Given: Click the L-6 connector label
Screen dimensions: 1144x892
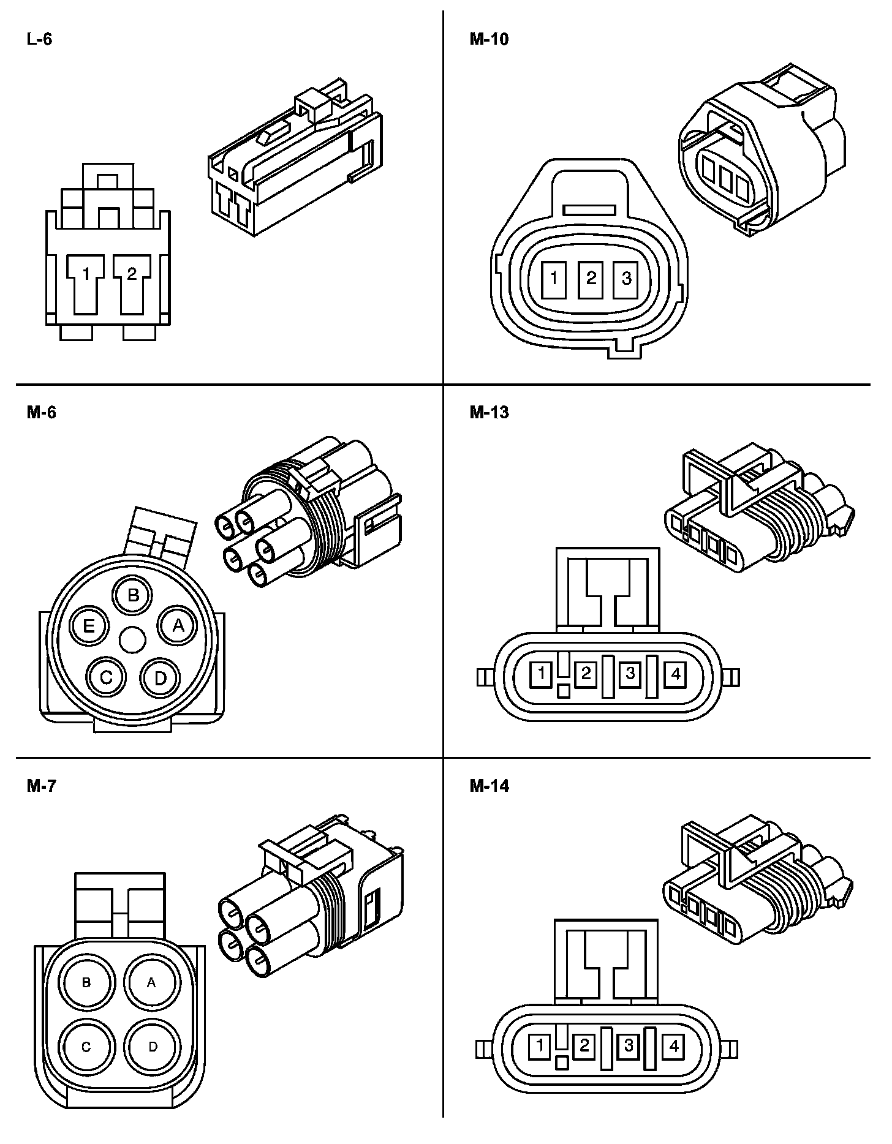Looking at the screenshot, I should [39, 40].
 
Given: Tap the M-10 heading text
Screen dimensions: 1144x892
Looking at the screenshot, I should [489, 40].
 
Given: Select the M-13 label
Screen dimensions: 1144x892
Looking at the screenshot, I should [489, 413].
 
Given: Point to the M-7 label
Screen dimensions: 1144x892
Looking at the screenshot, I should [41, 786].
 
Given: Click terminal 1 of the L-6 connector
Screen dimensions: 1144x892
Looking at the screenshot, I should [86, 274].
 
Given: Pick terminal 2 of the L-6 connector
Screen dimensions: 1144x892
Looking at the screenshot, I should [131, 274].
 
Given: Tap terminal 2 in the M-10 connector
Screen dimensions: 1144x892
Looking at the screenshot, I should [591, 279].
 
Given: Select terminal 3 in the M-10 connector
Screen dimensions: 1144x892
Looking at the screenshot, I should [626, 279].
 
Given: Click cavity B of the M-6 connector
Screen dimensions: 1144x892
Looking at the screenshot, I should [133, 595].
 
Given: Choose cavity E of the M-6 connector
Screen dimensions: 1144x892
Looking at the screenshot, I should [89, 627].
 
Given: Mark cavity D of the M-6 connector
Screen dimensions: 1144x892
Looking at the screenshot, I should [160, 677].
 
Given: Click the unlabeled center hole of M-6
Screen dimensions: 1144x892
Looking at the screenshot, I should [132, 641].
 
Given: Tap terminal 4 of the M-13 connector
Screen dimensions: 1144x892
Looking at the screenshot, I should [675, 674].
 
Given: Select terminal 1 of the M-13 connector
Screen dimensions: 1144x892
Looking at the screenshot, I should [542, 674].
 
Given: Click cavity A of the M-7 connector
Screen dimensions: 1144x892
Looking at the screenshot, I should [152, 982].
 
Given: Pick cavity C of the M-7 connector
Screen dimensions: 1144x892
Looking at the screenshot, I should [86, 1047].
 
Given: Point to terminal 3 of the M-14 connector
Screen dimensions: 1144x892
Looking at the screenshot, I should [628, 1045].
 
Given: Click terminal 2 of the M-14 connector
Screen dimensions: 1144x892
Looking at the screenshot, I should [583, 1045].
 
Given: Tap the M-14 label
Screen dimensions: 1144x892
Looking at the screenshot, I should [489, 786].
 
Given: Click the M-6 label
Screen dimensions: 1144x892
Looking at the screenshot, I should [41, 413].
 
